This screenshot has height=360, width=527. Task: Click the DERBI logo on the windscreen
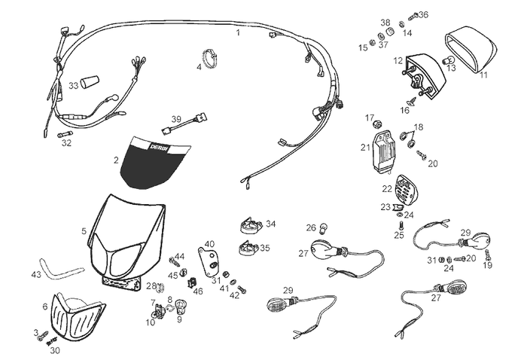[158, 147]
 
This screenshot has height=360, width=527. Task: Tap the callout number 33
[74, 86]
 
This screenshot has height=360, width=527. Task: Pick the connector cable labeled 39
[185, 124]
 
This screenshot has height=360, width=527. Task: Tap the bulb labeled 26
[324, 228]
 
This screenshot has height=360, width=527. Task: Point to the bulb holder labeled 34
[251, 225]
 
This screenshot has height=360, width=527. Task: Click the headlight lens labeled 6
[78, 316]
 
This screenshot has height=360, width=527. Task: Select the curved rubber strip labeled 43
[61, 270]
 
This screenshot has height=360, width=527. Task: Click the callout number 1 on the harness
[239, 32]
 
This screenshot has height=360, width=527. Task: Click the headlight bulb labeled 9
[181, 307]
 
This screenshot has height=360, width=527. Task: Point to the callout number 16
[405, 110]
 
